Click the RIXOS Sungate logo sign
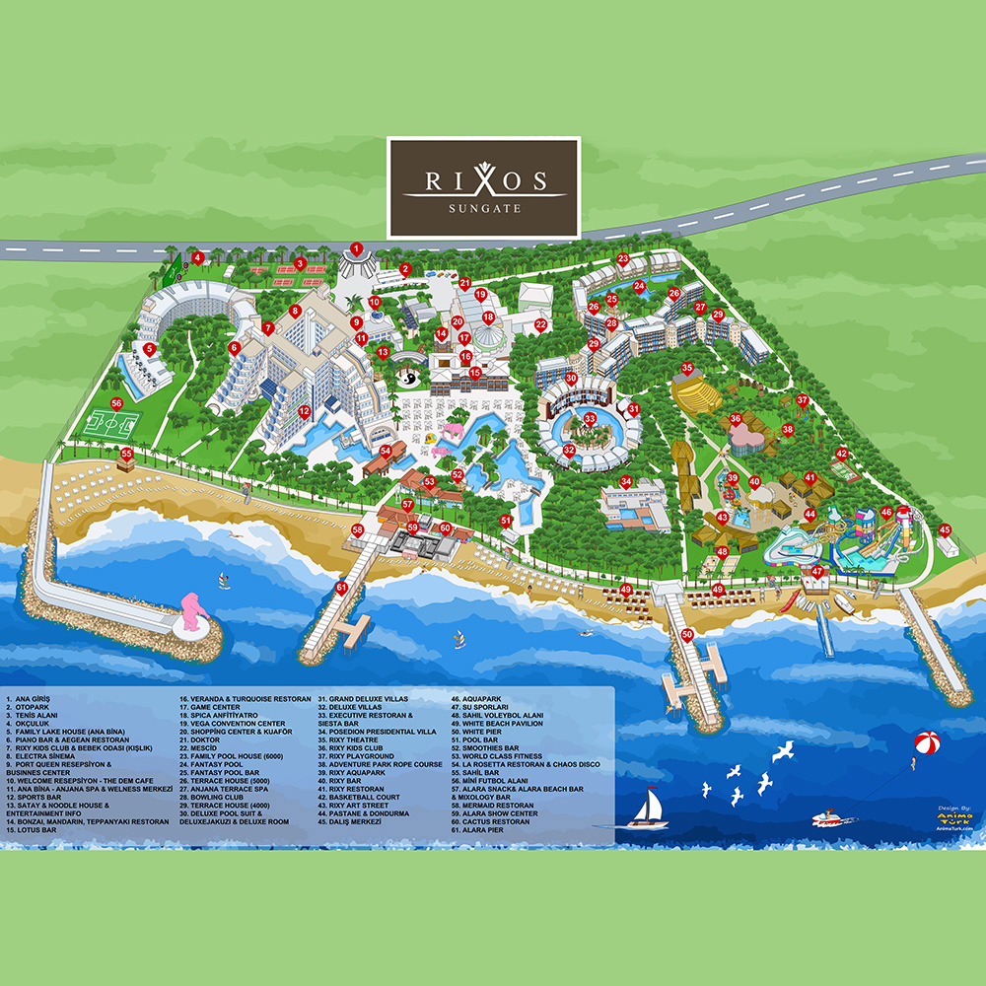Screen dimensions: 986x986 [x=482, y=187]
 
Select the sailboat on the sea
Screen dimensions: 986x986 [x=652, y=807]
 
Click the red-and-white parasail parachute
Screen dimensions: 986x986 [x=927, y=741]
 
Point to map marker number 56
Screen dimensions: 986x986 [x=116, y=402]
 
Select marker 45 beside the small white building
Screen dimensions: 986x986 [x=945, y=528]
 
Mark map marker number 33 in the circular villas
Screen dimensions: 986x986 [x=590, y=419]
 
